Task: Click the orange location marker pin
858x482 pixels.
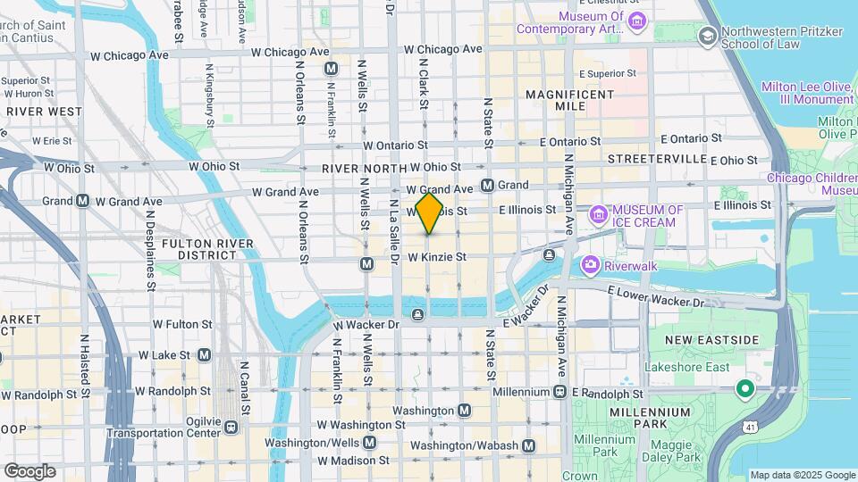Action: pos(429,213)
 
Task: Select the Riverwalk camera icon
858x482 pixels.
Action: pos(590,264)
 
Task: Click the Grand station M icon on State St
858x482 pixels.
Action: pos(487,186)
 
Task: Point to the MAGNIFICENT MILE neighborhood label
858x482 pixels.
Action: pos(569,100)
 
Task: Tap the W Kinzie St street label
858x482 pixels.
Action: pos(438,257)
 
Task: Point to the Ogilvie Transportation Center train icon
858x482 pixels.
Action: pos(231,426)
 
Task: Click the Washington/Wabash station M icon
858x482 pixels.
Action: pos(529,445)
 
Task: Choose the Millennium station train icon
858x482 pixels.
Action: pos(559,391)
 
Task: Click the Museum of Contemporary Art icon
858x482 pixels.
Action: pos(635,21)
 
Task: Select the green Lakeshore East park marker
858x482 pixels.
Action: pos(743,390)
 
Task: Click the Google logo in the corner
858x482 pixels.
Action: pos(29,471)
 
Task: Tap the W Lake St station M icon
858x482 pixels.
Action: pos(204,355)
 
